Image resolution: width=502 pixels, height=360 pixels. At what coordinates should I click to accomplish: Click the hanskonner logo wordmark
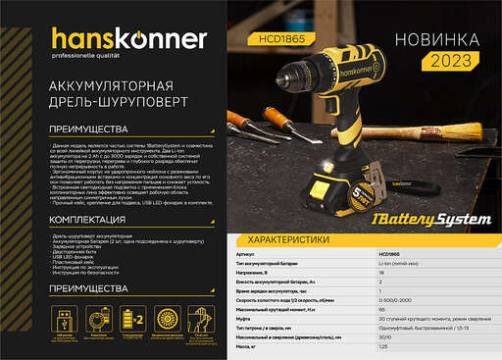click(115, 40)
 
